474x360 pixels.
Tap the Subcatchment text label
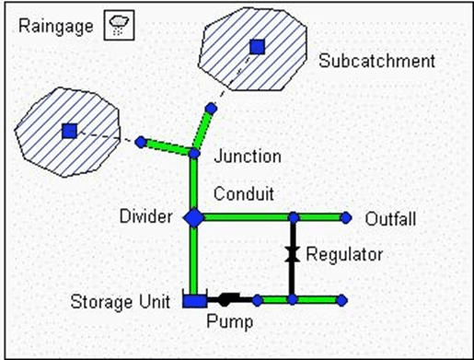click(x=377, y=62)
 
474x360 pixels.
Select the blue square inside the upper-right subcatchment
click(x=258, y=46)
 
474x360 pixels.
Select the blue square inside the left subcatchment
click(x=69, y=131)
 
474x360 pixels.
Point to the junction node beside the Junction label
click(x=194, y=153)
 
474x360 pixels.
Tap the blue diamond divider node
click(x=193, y=217)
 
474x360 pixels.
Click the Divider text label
click(x=146, y=217)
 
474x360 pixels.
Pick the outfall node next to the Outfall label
click(x=346, y=218)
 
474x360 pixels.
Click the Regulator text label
click(x=344, y=254)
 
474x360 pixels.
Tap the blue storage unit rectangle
click(x=193, y=300)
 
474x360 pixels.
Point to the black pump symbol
click(x=225, y=299)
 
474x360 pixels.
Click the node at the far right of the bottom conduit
click(x=341, y=300)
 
